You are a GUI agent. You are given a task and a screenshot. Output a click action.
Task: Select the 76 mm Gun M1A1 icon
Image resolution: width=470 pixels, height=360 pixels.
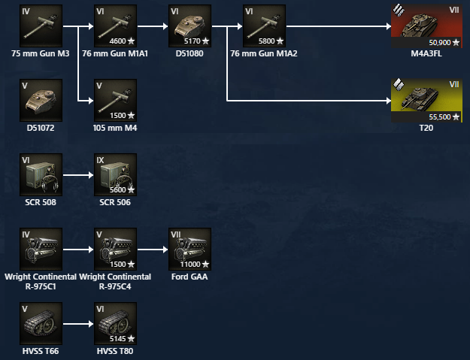[x=116, y=26]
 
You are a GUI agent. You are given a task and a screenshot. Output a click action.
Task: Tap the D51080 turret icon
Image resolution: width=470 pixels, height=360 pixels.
[x=190, y=26]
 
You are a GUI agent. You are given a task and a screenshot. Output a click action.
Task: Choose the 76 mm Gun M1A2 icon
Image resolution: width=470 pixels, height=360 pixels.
[x=264, y=26]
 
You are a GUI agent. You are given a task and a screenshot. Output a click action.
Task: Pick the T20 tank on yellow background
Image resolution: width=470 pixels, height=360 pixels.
[x=427, y=99]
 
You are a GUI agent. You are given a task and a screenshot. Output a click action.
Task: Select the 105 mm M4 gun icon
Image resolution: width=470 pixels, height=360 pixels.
[x=116, y=101]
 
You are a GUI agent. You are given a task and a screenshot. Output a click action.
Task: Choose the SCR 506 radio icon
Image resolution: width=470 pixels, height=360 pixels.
[x=116, y=175]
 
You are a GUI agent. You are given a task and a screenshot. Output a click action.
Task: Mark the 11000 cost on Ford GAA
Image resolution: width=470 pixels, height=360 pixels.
[x=191, y=265]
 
